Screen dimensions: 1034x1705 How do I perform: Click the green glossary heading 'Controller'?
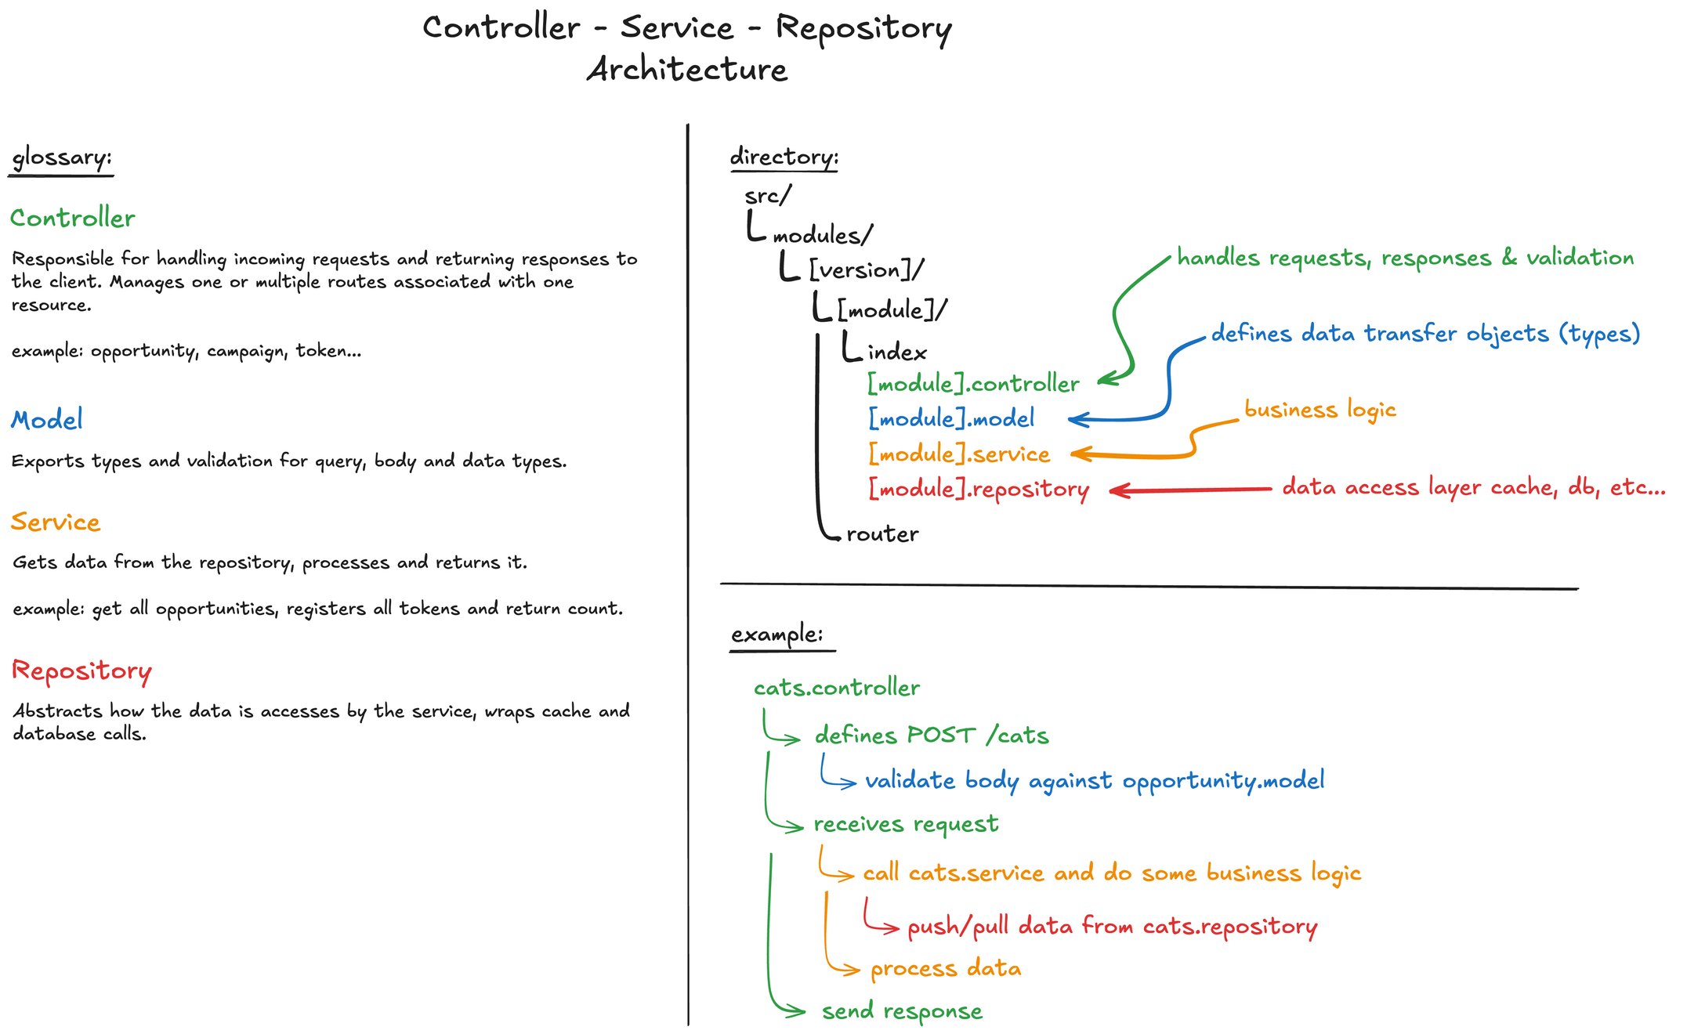pos(72,218)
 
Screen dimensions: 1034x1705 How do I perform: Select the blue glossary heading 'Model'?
pos(47,420)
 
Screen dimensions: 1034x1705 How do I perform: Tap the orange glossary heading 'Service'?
pos(56,522)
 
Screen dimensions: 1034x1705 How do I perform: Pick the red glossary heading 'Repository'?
pos(81,671)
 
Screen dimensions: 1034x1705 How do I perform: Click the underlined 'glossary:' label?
pos(62,157)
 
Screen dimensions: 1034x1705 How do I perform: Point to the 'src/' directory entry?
pos(768,195)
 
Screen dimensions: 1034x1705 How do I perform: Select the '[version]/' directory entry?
pos(866,270)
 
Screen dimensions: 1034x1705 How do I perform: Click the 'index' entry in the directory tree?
pos(897,352)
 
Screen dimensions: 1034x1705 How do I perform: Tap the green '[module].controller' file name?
pos(973,384)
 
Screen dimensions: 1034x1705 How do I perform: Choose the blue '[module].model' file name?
pos(951,418)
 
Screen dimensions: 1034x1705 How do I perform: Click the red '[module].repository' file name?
pos(979,489)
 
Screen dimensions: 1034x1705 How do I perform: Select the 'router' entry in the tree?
pos(882,534)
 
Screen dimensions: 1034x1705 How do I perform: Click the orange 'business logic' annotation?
pos(1320,410)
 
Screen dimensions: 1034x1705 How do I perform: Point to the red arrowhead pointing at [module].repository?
pos(1119,490)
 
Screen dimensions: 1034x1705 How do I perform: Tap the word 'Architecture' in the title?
pos(687,69)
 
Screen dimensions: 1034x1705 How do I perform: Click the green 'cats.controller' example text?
pos(837,688)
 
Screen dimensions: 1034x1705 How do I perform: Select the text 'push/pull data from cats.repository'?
pos(1112,927)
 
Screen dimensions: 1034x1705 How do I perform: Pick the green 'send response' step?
pos(902,1011)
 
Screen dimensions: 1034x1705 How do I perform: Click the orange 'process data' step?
pos(946,969)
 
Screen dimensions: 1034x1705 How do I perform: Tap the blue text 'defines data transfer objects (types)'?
pos(1425,334)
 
